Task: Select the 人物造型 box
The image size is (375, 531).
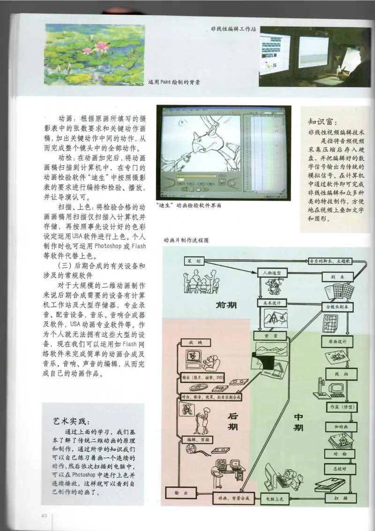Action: pos(271,272)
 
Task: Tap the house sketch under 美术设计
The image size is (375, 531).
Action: pos(272,322)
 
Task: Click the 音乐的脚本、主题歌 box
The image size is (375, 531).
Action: pos(332,261)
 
